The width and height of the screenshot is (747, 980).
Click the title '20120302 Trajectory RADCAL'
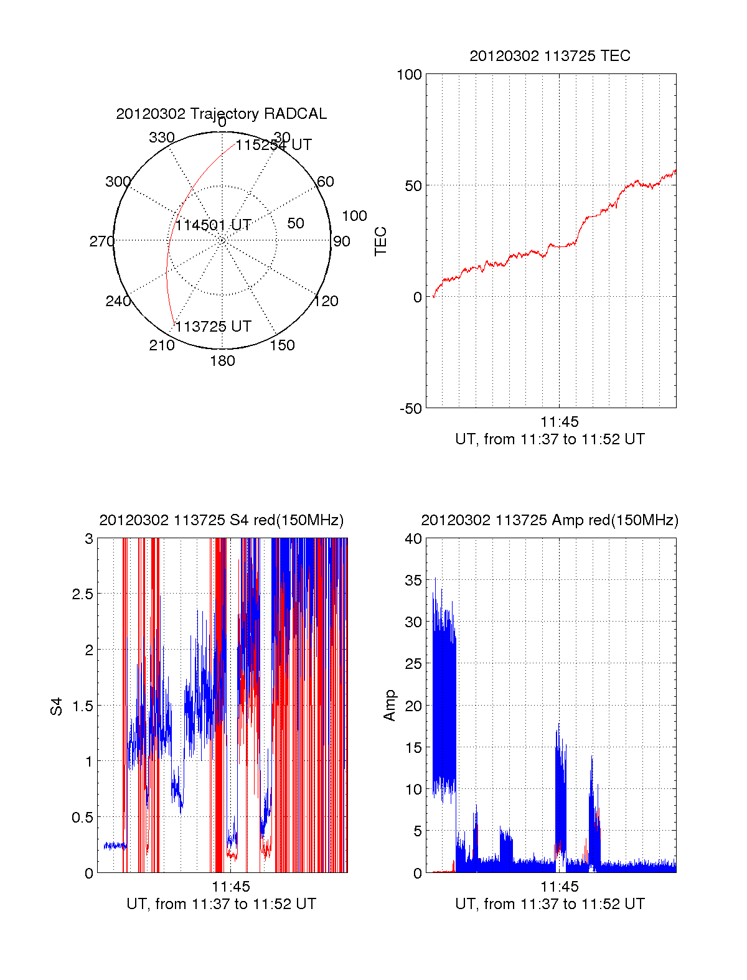(x=221, y=114)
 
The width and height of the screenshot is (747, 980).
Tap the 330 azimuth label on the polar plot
(x=162, y=138)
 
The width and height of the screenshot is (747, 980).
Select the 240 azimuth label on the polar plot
(x=118, y=301)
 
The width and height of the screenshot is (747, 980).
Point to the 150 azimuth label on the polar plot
(x=282, y=345)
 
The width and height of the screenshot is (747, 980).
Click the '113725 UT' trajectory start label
(x=214, y=327)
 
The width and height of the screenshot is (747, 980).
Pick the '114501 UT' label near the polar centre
(x=214, y=225)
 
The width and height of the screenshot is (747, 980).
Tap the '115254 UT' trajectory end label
(x=273, y=145)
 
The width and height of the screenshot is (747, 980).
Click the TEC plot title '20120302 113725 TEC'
(x=550, y=56)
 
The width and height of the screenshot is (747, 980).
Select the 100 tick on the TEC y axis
(x=409, y=75)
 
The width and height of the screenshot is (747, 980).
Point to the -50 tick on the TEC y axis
(x=410, y=409)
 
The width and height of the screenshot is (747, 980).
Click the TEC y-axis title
(x=380, y=241)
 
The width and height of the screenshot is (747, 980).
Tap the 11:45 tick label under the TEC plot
(x=559, y=422)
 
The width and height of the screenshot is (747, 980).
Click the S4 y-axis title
(x=57, y=706)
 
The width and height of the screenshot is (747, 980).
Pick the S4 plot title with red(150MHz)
(x=221, y=520)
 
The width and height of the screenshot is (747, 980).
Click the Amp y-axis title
(x=389, y=706)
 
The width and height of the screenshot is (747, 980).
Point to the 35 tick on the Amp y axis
(x=413, y=581)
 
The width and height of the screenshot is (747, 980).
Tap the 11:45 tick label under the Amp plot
(x=559, y=887)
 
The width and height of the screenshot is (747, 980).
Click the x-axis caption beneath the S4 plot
(x=221, y=904)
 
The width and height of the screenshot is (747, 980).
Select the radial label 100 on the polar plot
(x=354, y=216)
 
